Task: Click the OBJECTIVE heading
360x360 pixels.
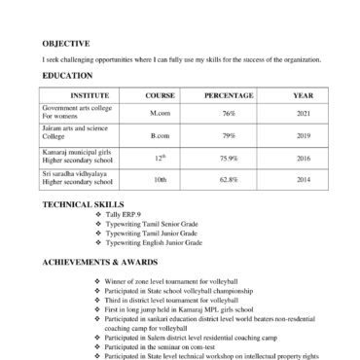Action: click(x=66, y=44)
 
